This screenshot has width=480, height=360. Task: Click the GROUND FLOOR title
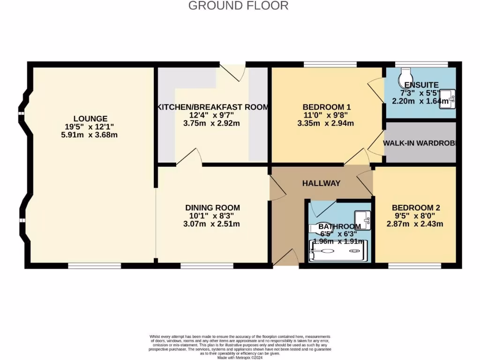[238, 6]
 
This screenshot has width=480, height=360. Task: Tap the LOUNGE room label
[90, 119]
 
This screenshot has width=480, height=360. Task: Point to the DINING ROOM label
[212, 208]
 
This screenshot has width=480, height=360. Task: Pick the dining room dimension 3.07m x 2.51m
[212, 224]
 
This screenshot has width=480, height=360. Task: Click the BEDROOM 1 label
[327, 107]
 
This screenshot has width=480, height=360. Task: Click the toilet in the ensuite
[405, 75]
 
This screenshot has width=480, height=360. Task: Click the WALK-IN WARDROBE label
[420, 142]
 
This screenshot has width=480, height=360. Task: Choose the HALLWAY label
[321, 183]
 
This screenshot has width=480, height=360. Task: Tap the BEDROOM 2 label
[416, 208]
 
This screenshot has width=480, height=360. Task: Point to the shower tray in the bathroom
[338, 251]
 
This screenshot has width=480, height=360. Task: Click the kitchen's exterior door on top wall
[233, 69]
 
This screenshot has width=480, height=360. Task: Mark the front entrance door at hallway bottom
[285, 258]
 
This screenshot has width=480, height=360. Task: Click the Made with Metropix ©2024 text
[240, 357]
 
